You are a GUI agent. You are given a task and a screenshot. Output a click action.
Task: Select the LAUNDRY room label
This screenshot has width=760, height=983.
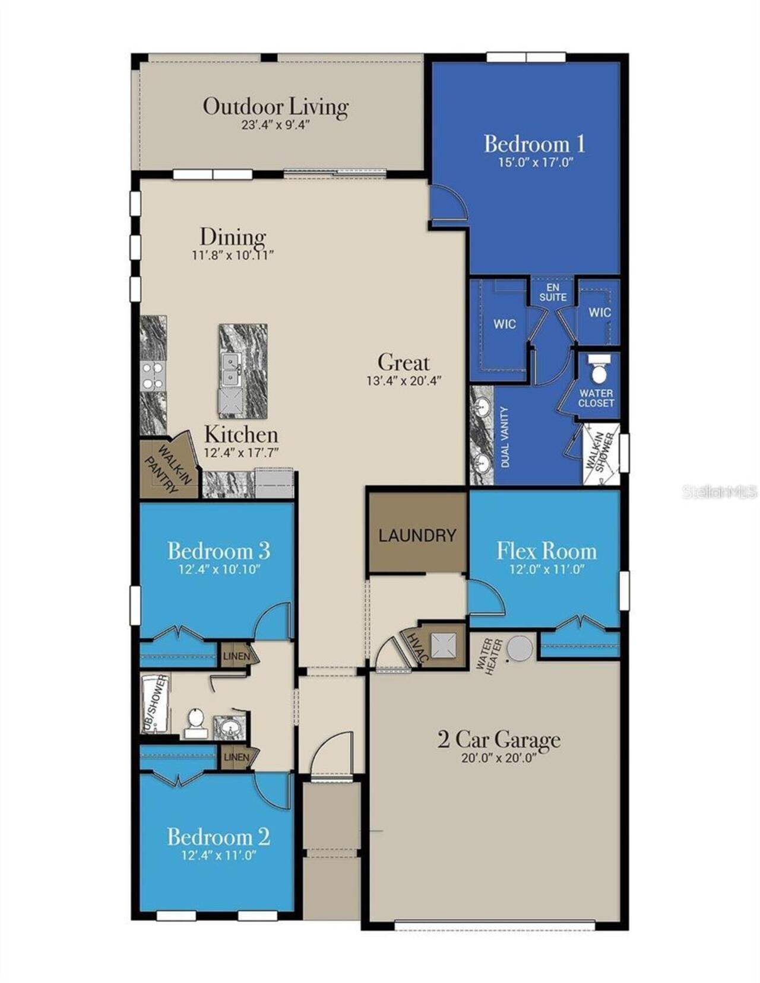[x=417, y=536]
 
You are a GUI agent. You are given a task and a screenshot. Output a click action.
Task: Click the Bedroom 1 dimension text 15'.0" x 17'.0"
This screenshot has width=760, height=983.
[x=536, y=163]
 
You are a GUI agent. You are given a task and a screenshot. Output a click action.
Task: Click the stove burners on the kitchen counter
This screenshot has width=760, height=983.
[x=152, y=376]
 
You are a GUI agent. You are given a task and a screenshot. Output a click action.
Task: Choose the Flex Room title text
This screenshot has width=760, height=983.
[x=547, y=551]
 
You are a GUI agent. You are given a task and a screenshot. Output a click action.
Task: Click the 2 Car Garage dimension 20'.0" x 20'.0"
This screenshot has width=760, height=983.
[x=499, y=758]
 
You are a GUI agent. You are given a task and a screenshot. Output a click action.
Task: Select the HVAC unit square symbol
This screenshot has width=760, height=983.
[x=443, y=645]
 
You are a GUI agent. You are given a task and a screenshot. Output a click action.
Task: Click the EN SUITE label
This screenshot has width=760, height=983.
[x=553, y=292]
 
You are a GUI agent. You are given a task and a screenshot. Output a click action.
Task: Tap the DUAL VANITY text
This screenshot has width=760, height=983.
[x=505, y=437]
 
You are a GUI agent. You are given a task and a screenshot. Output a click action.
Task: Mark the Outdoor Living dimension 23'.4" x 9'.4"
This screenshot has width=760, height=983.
[x=275, y=125]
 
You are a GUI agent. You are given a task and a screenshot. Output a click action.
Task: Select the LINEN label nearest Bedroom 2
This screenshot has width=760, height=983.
[x=237, y=757]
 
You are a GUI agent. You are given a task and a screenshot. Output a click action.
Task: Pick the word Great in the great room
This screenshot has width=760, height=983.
[x=403, y=362]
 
